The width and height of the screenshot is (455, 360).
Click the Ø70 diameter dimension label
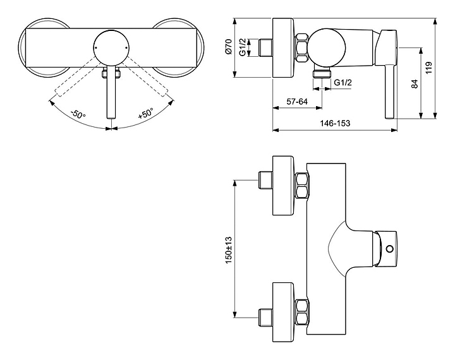(229, 46)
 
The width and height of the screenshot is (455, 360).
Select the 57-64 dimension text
(297, 102)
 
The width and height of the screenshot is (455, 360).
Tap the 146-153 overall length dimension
(335, 123)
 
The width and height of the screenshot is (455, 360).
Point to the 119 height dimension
(429, 68)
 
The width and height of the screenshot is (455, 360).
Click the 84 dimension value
(415, 84)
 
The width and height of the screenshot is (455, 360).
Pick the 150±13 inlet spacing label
(229, 249)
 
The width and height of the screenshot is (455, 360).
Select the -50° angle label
(78, 114)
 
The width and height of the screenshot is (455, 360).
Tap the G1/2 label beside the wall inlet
(243, 46)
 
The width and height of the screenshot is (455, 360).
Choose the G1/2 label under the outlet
(343, 83)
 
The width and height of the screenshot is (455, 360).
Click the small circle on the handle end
(391, 249)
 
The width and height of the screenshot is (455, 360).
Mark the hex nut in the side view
(302, 48)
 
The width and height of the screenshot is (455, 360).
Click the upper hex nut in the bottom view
(302, 186)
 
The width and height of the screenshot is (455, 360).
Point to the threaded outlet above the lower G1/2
(322, 73)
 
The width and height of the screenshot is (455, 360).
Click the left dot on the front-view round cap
(95, 47)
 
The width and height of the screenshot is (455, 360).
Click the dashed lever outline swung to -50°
(76, 76)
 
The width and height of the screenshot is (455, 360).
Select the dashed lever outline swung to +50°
(146, 76)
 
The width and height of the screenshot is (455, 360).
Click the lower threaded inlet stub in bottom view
(265, 317)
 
